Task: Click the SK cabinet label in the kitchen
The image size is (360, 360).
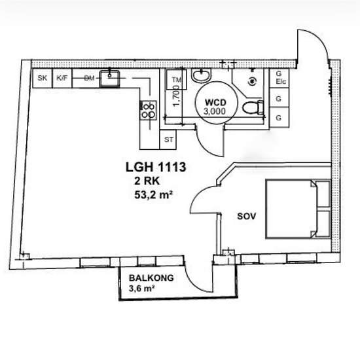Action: (x=43, y=78)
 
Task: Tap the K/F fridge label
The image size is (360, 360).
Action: (x=62, y=78)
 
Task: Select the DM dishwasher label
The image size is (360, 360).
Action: (x=89, y=79)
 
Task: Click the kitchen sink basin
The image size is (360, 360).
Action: (x=109, y=79)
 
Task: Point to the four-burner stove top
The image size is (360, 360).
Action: (x=149, y=110)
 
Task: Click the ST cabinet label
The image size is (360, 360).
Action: (x=169, y=139)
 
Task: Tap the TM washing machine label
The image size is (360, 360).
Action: (x=176, y=80)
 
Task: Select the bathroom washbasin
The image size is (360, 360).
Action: (x=201, y=75)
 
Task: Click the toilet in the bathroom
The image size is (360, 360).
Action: (x=253, y=107)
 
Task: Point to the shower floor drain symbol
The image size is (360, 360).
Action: (x=253, y=81)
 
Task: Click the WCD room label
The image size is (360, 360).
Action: (x=215, y=102)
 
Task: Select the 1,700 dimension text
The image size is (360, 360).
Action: (x=176, y=96)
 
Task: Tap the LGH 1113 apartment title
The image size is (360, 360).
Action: (x=156, y=167)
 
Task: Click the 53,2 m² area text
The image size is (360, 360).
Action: (x=153, y=195)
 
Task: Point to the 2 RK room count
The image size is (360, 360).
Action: (x=147, y=181)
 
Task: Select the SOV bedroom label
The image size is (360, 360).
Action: (x=246, y=216)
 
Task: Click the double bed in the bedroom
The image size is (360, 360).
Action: (x=298, y=209)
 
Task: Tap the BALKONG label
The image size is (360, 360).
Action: (x=151, y=278)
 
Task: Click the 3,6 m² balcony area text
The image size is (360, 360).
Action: (x=141, y=289)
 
